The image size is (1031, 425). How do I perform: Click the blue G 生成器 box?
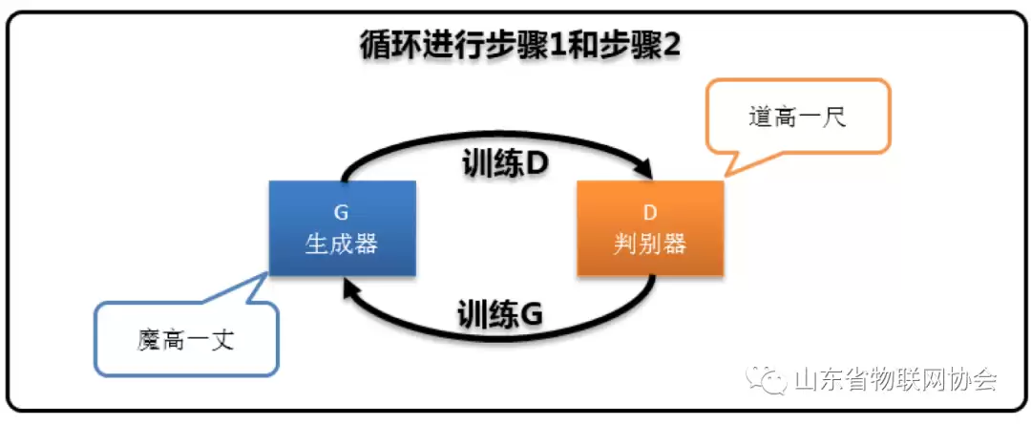point(343,227)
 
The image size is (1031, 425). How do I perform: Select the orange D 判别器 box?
point(650,227)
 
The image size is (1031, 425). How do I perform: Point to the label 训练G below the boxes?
point(499,313)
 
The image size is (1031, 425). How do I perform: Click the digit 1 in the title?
point(554,48)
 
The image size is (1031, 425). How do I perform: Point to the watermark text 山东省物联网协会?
point(895,379)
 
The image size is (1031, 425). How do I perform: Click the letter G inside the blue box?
point(342,213)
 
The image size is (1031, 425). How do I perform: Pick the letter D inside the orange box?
point(650,213)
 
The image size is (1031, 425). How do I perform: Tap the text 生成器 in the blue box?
point(342,244)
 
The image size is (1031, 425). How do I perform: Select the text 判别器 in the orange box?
point(650,244)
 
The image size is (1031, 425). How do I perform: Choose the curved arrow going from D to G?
point(499,333)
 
